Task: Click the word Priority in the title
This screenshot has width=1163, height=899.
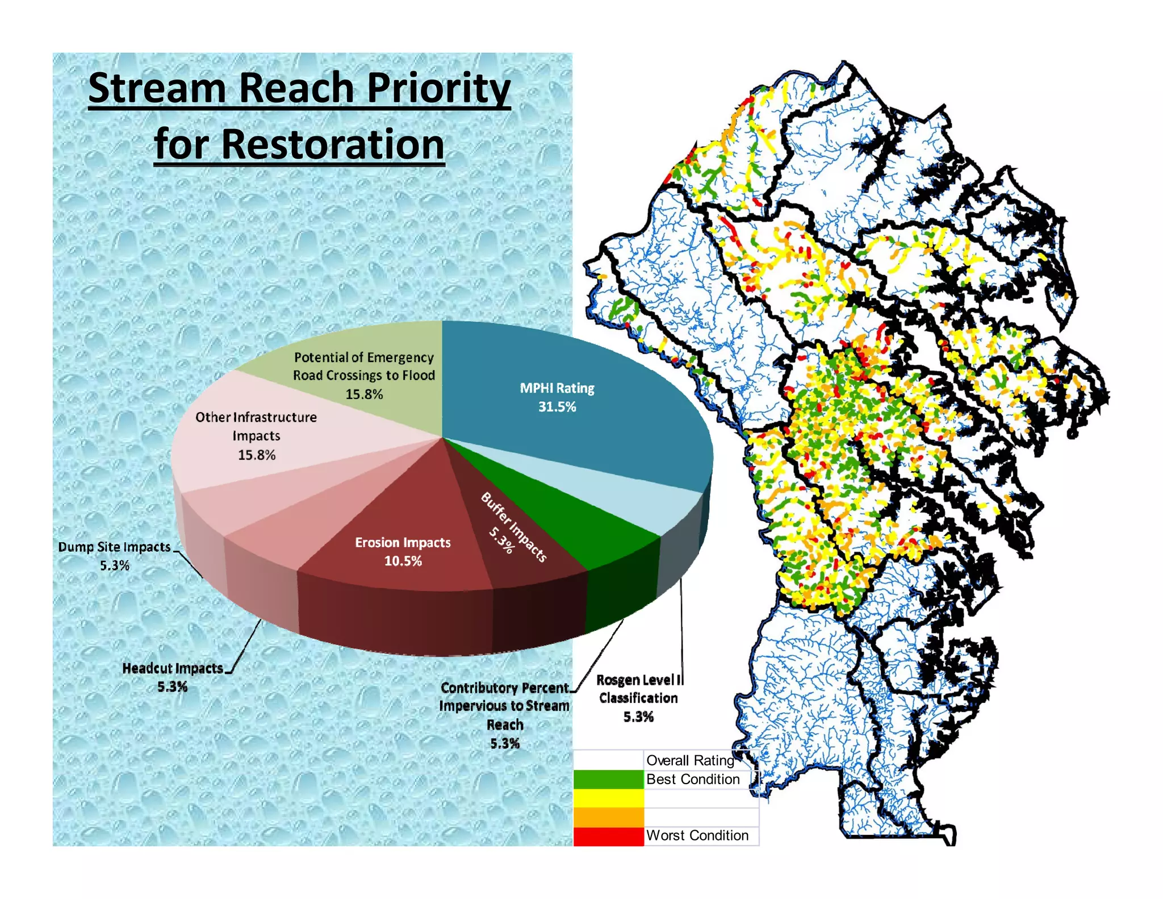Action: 438,89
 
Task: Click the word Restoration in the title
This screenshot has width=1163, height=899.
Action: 333,144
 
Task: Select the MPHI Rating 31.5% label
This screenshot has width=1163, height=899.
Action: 557,397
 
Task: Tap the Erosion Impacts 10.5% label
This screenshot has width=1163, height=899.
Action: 403,551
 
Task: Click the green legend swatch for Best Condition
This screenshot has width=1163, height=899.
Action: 608,779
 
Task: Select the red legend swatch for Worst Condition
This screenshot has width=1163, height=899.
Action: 608,836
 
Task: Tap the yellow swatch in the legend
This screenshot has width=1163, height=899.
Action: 608,798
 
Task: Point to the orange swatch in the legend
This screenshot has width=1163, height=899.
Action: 608,817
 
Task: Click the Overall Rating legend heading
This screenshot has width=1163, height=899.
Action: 690,760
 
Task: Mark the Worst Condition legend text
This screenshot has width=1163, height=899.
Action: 697,835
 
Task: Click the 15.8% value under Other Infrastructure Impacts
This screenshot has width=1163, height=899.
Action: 257,455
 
